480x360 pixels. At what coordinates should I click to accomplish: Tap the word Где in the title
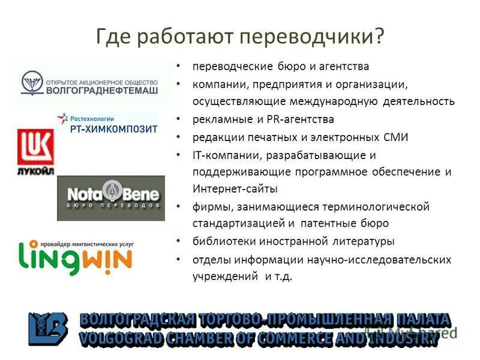click(x=115, y=36)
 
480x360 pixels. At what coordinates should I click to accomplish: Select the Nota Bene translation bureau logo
click(x=110, y=197)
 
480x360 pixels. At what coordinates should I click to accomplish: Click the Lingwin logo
click(x=75, y=256)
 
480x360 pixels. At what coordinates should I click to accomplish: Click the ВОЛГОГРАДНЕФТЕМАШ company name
click(x=102, y=91)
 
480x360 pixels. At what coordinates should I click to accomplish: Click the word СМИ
click(x=396, y=137)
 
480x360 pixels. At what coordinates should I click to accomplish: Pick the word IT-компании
click(x=226, y=155)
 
